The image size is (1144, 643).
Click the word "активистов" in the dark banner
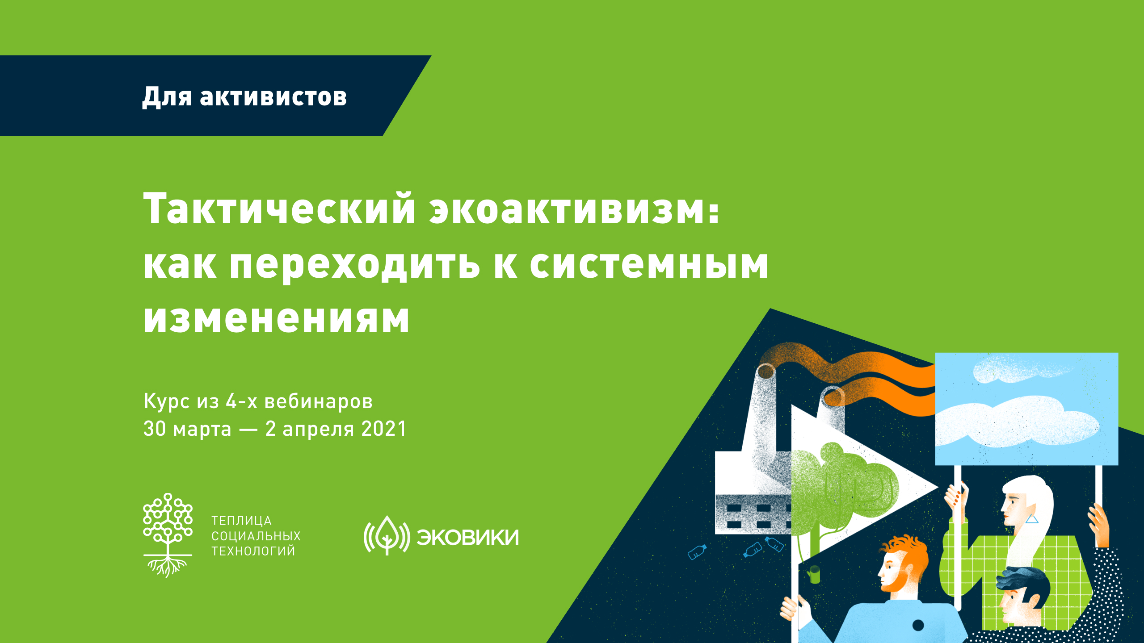[x=273, y=96]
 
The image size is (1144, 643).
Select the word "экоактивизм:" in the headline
[x=575, y=209]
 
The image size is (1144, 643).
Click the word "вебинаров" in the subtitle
[x=318, y=401]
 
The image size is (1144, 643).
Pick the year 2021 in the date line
[x=383, y=429]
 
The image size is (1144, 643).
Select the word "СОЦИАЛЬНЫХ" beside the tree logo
[x=256, y=536]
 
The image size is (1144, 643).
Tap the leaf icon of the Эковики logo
[x=387, y=535]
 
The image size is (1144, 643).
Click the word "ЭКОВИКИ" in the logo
[x=468, y=537]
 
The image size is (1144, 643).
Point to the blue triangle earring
[x=1031, y=519]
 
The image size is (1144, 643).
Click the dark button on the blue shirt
[x=918, y=625]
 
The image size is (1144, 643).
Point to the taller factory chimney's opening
[x=766, y=371]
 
